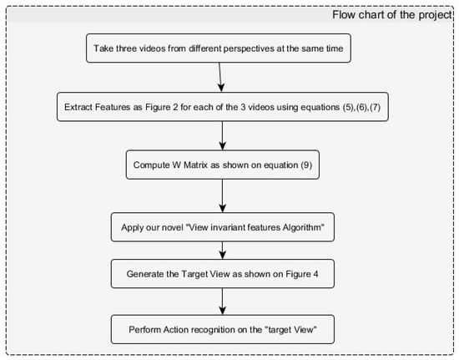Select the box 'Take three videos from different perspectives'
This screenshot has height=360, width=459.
(x=221, y=49)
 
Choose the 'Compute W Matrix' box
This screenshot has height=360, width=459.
(x=222, y=165)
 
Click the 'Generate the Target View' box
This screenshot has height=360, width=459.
(x=222, y=272)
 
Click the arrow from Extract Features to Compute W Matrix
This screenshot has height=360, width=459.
(x=222, y=135)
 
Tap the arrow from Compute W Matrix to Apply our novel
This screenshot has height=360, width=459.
(x=222, y=195)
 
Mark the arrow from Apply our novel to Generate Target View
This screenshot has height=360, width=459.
(x=222, y=250)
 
